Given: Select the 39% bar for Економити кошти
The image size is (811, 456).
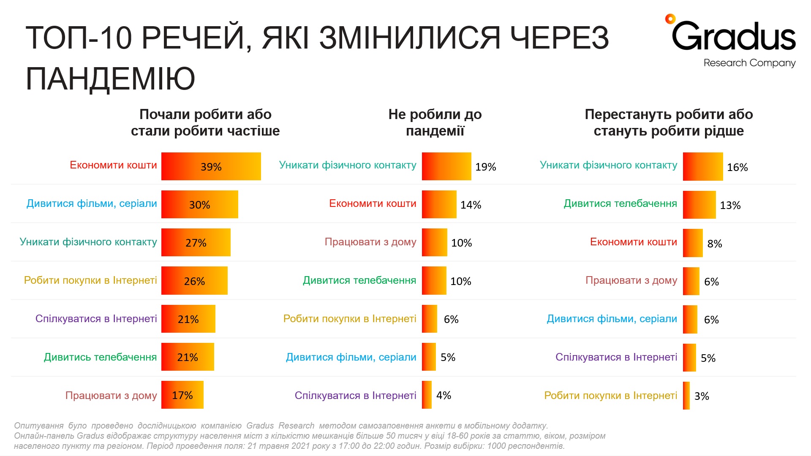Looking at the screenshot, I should point(211,166).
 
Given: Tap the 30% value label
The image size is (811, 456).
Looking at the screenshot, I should point(199,205).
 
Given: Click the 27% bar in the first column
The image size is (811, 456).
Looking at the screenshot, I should point(196,243).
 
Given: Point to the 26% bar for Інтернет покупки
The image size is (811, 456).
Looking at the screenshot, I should point(194,281).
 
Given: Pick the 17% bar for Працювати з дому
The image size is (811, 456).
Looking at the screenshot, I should point(182,395).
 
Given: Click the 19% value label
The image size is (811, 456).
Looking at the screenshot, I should point(485,167).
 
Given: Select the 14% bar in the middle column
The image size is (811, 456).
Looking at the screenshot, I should point(439,204).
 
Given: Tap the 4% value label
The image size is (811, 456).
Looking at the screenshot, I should point(444,395).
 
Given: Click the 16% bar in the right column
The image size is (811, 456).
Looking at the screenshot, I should point(702,167).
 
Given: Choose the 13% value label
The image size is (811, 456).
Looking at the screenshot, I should point(730,205).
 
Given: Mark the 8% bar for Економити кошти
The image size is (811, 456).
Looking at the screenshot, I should point(693,243).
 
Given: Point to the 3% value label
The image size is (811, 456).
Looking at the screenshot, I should point(701,396).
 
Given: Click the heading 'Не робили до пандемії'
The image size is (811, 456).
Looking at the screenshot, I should point(435,122).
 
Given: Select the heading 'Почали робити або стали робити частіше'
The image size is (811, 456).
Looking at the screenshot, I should point(205,122).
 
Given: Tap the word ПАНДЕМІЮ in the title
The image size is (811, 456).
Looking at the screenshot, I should point(110,79).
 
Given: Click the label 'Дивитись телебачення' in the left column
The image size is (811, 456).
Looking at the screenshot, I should point(100,357).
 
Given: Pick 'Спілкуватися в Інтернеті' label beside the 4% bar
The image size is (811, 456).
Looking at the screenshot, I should point(355,396).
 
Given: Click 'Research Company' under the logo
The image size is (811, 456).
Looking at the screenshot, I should point(749,63).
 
